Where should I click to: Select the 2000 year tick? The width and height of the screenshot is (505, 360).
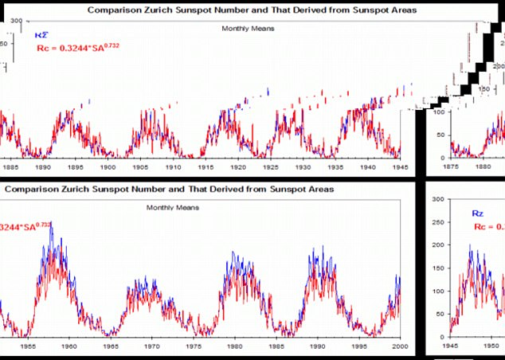click(x=399, y=347)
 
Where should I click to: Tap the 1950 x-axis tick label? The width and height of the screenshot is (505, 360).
click(x=491, y=347)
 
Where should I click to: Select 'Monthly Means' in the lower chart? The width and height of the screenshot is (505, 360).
click(x=172, y=207)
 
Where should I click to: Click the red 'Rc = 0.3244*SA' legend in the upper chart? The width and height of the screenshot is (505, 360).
click(x=77, y=48)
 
